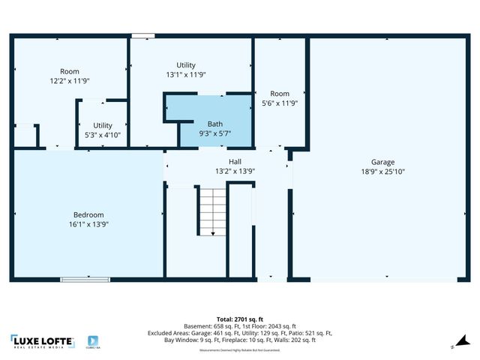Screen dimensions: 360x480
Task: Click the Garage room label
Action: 382,162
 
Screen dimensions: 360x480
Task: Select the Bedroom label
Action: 88,214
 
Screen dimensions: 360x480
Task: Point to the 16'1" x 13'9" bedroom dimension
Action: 88,224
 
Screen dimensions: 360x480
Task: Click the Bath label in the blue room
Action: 214,124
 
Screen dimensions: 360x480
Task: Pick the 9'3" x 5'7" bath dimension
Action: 214,133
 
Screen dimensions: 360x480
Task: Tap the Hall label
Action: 235,161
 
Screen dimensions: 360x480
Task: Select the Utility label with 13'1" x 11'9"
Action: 186,65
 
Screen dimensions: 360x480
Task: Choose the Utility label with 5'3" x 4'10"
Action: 103,125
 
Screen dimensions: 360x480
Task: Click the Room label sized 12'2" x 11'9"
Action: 70,71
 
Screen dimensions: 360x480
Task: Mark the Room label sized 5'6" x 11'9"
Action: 280,94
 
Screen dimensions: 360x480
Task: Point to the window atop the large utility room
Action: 142,35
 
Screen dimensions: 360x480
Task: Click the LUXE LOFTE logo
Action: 42,342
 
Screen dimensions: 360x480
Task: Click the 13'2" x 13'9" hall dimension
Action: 235,171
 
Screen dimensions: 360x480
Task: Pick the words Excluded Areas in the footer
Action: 167,333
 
